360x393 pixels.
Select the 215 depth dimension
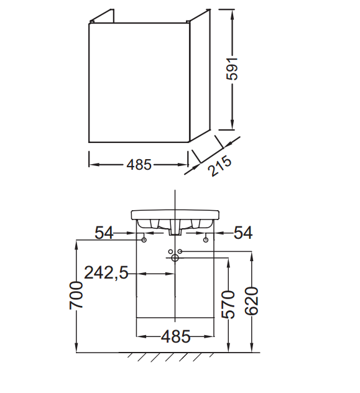click(x=219, y=166)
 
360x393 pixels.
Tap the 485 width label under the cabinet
click(x=139, y=165)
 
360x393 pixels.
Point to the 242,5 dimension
click(x=106, y=272)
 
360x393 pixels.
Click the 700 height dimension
click(x=76, y=295)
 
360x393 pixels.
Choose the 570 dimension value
click(x=228, y=305)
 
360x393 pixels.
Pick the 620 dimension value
click(x=251, y=301)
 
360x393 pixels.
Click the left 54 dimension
click(x=104, y=233)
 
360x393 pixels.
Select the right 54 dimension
click(x=243, y=233)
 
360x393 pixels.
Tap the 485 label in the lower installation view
click(x=175, y=336)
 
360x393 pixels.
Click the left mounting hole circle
click(x=144, y=240)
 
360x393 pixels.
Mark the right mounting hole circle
click(x=206, y=240)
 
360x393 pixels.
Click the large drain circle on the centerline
click(x=175, y=257)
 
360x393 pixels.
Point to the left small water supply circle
click(x=170, y=251)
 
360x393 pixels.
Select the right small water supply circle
click(x=180, y=251)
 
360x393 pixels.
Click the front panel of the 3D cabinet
click(x=139, y=83)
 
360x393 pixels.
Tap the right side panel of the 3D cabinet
click(x=200, y=75)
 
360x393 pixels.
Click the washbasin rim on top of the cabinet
click(x=175, y=215)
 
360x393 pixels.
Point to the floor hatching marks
click(x=170, y=356)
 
